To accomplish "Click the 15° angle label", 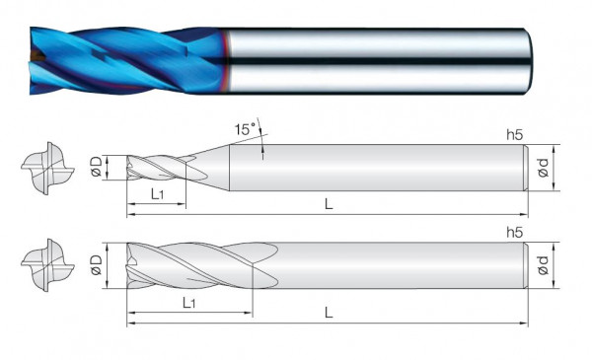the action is click(245, 129).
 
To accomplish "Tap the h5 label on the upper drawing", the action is click(515, 135).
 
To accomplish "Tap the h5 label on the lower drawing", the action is click(515, 233).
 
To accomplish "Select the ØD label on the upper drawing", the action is click(97, 167).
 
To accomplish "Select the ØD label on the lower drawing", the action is click(97, 265).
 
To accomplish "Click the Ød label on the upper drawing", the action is click(544, 168).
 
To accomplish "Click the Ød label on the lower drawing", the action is click(544, 265).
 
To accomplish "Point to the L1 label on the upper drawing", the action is click(157, 194).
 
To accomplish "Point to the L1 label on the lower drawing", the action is click(188, 303).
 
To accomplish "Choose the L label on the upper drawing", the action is click(329, 204).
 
